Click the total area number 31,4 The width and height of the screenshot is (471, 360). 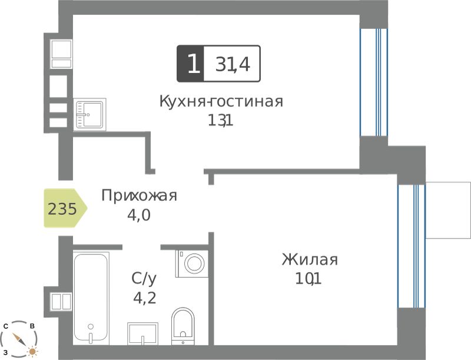pyautogui.click(x=233, y=64)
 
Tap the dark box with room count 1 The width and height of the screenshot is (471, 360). pyautogui.click(x=190, y=64)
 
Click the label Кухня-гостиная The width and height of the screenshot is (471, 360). pyautogui.click(x=221, y=101)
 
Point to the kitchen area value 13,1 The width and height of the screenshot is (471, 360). pyautogui.click(x=220, y=121)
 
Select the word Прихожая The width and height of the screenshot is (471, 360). pyautogui.click(x=139, y=196)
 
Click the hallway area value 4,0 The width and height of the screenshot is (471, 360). pyautogui.click(x=139, y=215)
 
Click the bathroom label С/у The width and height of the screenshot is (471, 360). pyautogui.click(x=144, y=279)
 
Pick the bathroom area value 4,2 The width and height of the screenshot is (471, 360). pyautogui.click(x=144, y=298)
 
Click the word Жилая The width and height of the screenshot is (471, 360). pyautogui.click(x=310, y=260)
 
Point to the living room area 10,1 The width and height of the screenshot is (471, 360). pyautogui.click(x=309, y=279)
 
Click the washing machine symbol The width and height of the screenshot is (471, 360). pyautogui.click(x=192, y=263)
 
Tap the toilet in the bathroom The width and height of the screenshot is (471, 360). pyautogui.click(x=183, y=326)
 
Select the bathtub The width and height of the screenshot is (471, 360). pyautogui.click(x=91, y=298)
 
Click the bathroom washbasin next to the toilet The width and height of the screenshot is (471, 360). pyautogui.click(x=142, y=334)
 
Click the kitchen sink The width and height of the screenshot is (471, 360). pyautogui.click(x=89, y=114)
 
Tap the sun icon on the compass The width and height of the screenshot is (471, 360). pyautogui.click(x=32, y=351)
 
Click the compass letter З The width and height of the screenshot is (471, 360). pyautogui.click(x=5, y=352)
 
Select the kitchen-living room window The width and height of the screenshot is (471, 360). pyautogui.click(x=374, y=82)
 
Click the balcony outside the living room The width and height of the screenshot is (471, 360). pyautogui.click(x=448, y=210)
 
